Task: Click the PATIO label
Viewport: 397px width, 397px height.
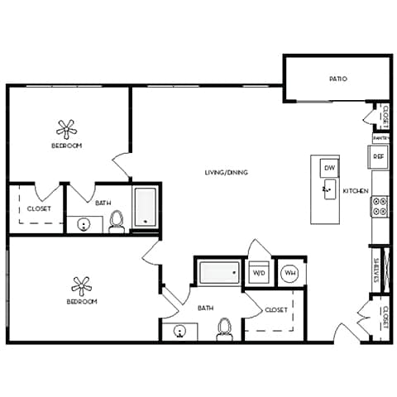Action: click(337, 79)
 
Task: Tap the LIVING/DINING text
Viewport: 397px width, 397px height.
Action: click(227, 172)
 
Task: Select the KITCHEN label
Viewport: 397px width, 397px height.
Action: click(356, 191)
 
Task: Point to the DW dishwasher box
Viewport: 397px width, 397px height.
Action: click(329, 168)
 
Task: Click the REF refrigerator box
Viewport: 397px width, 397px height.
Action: click(379, 155)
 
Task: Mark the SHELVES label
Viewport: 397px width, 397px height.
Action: click(376, 270)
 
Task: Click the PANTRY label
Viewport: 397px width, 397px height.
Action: click(380, 138)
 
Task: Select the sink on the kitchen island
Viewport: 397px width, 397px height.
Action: click(328, 191)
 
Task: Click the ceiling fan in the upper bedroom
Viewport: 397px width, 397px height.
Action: click(67, 128)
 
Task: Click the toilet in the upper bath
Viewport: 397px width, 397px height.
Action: click(117, 220)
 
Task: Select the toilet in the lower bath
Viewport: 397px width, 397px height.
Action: click(222, 329)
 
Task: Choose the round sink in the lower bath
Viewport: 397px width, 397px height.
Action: click(180, 332)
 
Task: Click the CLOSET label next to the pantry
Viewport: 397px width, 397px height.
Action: click(385, 117)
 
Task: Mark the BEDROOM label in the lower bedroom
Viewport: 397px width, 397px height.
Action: click(82, 302)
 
